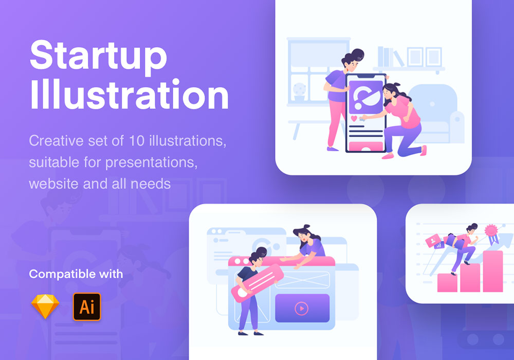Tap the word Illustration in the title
click(x=129, y=95)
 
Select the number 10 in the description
click(x=137, y=140)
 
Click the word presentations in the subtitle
click(x=152, y=163)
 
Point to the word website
click(x=54, y=184)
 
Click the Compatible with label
click(x=76, y=274)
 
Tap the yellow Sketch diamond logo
click(x=45, y=307)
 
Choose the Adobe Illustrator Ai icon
click(x=87, y=307)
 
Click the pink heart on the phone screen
click(x=354, y=118)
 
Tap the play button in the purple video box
click(x=302, y=309)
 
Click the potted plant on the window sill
click(x=299, y=92)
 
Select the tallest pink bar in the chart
click(x=493, y=271)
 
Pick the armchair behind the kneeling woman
click(x=436, y=114)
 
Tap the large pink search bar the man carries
click(x=258, y=283)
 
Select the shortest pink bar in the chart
click(x=448, y=283)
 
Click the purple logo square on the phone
click(x=366, y=97)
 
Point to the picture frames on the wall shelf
click(x=425, y=57)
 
